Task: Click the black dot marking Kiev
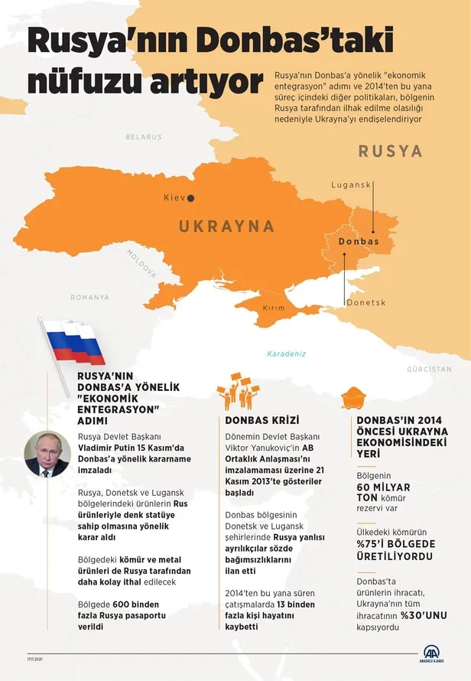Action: tap(191, 198)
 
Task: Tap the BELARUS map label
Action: tap(144, 137)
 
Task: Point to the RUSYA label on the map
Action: tap(390, 151)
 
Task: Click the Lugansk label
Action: tap(351, 185)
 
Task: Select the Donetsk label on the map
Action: tap(366, 303)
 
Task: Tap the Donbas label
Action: tap(358, 241)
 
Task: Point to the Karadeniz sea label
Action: tap(287, 354)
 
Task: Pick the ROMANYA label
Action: tap(89, 298)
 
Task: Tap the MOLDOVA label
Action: tap(141, 263)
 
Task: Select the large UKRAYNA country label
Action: tap(226, 226)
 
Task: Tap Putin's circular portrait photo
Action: tap(47, 453)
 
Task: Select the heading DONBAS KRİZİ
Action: tap(262, 421)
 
